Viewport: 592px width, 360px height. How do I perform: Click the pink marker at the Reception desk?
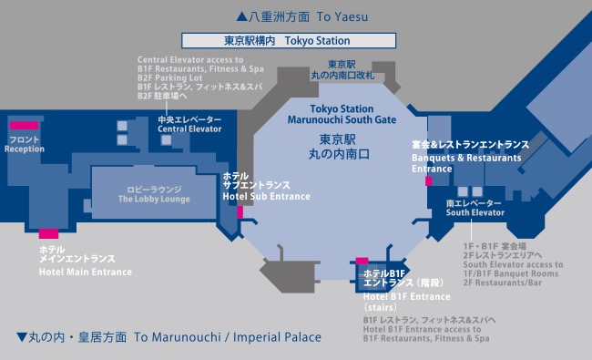pos(25,126)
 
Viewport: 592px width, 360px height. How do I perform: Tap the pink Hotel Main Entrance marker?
pos(48,233)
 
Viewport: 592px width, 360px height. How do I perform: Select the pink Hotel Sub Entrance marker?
pos(240,212)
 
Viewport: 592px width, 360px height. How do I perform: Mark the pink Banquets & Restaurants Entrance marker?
pos(429,181)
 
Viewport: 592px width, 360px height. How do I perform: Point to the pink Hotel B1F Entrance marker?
pos(362,261)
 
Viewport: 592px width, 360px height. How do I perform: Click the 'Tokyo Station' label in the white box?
pos(317,41)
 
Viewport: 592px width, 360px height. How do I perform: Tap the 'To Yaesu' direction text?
pos(342,17)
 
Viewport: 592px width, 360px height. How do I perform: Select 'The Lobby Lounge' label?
pos(154,199)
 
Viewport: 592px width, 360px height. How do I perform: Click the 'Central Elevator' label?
pos(189,129)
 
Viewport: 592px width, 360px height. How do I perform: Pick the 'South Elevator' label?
pos(475,212)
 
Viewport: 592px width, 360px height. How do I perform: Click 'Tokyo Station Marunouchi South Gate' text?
pos(342,115)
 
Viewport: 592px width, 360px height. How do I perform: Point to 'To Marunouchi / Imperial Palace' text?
pos(228,337)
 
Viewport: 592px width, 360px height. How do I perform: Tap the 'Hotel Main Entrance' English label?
pos(86,272)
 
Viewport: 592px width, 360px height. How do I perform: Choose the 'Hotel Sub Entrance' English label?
pos(267,197)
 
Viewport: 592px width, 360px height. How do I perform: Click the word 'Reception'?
pos(25,149)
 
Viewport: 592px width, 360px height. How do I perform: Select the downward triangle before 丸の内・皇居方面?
pos(22,336)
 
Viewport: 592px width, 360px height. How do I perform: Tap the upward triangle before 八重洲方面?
pos(241,16)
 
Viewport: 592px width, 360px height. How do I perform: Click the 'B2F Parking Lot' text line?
pos(170,77)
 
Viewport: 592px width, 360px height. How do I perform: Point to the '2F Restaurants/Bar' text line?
pos(503,283)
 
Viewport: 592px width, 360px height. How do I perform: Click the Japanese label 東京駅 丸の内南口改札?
pos(342,70)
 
